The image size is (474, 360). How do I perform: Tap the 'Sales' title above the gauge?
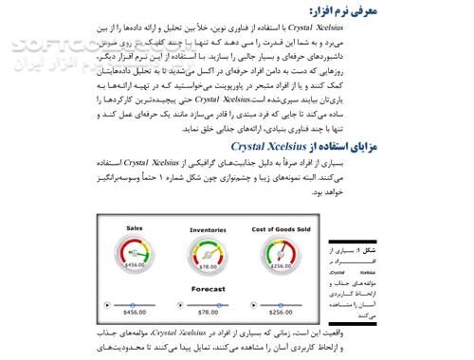pyautogui.click(x=135, y=228)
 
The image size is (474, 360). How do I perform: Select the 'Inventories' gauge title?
pyautogui.click(x=208, y=229)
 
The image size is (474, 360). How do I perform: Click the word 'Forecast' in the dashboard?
pyautogui.click(x=208, y=287)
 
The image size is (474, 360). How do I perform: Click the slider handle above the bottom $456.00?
pyautogui.click(x=111, y=304)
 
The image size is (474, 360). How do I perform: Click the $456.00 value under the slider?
pyautogui.click(x=135, y=312)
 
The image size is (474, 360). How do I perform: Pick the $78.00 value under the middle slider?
pyautogui.click(x=208, y=312)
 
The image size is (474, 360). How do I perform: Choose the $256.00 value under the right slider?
pyautogui.click(x=280, y=312)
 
